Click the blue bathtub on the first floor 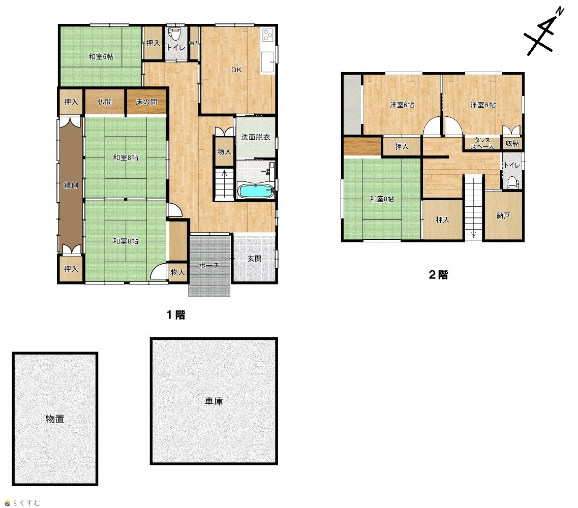point(256,191)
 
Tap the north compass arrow point(544,32)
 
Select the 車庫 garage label point(214,401)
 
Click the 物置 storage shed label point(55,419)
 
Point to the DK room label point(236,70)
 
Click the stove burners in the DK point(267,35)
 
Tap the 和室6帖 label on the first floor point(101,57)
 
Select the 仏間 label point(105,102)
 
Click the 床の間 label point(146,102)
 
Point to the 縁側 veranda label point(71,185)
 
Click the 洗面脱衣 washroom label point(256,137)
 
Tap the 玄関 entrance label point(254,259)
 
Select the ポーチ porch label point(209,265)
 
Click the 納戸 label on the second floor point(503,215)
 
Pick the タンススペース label point(482,143)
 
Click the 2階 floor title point(438,275)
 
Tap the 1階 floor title point(176,315)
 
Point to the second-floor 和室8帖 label point(382,199)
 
